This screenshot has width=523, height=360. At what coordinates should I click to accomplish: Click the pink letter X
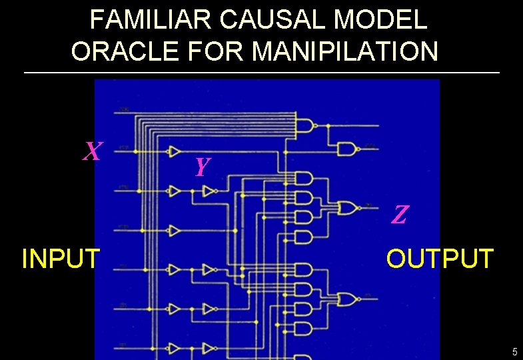point(93,152)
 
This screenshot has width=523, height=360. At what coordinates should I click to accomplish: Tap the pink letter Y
point(203,166)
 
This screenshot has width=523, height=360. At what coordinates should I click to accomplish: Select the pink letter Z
point(400,215)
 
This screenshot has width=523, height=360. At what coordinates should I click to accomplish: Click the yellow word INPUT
point(61,258)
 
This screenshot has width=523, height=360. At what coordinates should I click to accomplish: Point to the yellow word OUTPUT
point(440,258)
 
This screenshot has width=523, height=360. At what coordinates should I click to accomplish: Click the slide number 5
point(514,351)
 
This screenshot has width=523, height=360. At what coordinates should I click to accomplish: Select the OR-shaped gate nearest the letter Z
point(347,208)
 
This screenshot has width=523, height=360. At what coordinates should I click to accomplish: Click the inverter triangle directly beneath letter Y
point(209,192)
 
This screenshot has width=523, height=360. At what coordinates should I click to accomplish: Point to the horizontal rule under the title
point(261,72)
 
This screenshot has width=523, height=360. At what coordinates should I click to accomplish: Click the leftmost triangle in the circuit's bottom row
point(175,348)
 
